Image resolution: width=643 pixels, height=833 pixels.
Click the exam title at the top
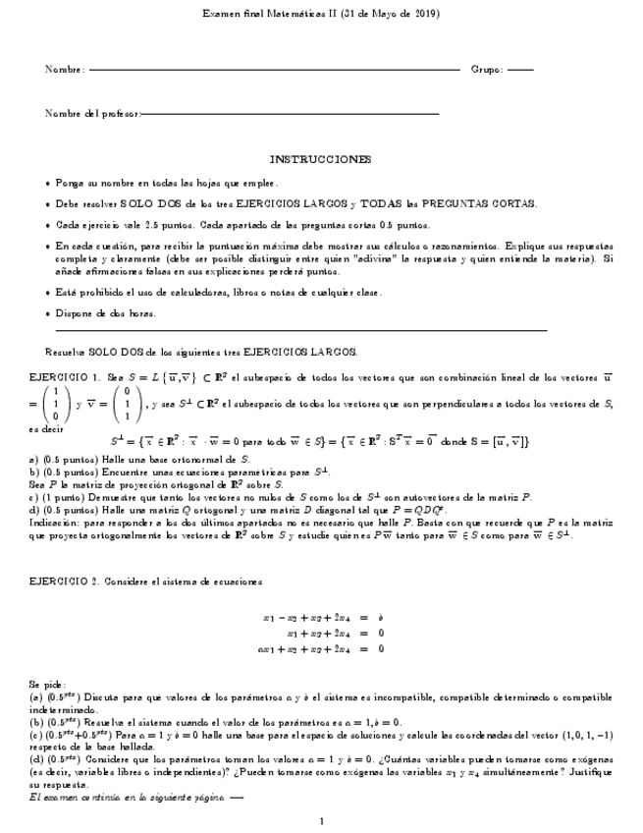(x=321, y=15)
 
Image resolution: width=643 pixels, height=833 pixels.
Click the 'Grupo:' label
(x=487, y=70)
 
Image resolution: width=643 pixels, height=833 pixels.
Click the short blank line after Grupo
(x=520, y=71)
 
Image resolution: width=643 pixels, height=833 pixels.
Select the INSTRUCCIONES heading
(x=321, y=159)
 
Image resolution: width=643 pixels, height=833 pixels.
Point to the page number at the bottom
(x=321, y=821)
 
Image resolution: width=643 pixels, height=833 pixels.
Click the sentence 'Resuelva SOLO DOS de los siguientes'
(x=201, y=351)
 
